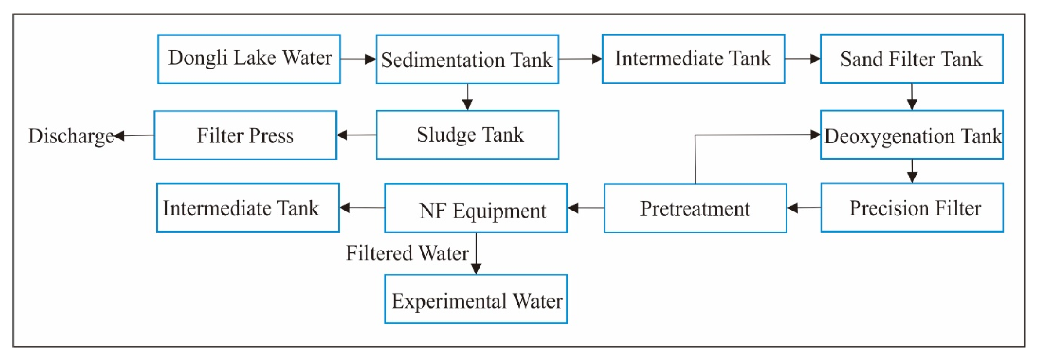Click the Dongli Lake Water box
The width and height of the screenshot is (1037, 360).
tap(249, 59)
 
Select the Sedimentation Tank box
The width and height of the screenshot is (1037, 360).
tap(467, 59)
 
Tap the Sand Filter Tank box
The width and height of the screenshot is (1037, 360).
tap(911, 58)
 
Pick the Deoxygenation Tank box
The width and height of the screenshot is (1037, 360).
tap(911, 135)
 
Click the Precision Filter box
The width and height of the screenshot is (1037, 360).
tap(912, 207)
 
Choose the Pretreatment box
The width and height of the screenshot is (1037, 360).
tap(695, 208)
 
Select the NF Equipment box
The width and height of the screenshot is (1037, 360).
tap(476, 208)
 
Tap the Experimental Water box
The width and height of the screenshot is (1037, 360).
tap(476, 299)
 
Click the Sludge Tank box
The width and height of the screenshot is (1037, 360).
tap(467, 135)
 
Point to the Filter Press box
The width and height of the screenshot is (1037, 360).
tap(245, 135)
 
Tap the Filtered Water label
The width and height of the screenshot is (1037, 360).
tap(407, 253)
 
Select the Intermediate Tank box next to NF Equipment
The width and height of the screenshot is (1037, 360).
tap(247, 207)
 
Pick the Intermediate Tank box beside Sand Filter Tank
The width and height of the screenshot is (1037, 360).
tap(693, 58)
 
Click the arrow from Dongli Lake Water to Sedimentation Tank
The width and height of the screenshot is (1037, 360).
tap(358, 59)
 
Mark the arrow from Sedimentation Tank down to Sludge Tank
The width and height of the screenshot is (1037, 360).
tap(467, 97)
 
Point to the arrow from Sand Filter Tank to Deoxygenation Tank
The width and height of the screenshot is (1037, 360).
tap(912, 97)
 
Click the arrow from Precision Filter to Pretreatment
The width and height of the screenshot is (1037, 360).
tap(804, 208)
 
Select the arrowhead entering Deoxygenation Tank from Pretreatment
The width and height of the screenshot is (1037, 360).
tap(815, 135)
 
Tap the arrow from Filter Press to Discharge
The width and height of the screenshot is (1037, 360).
tap(134, 135)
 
